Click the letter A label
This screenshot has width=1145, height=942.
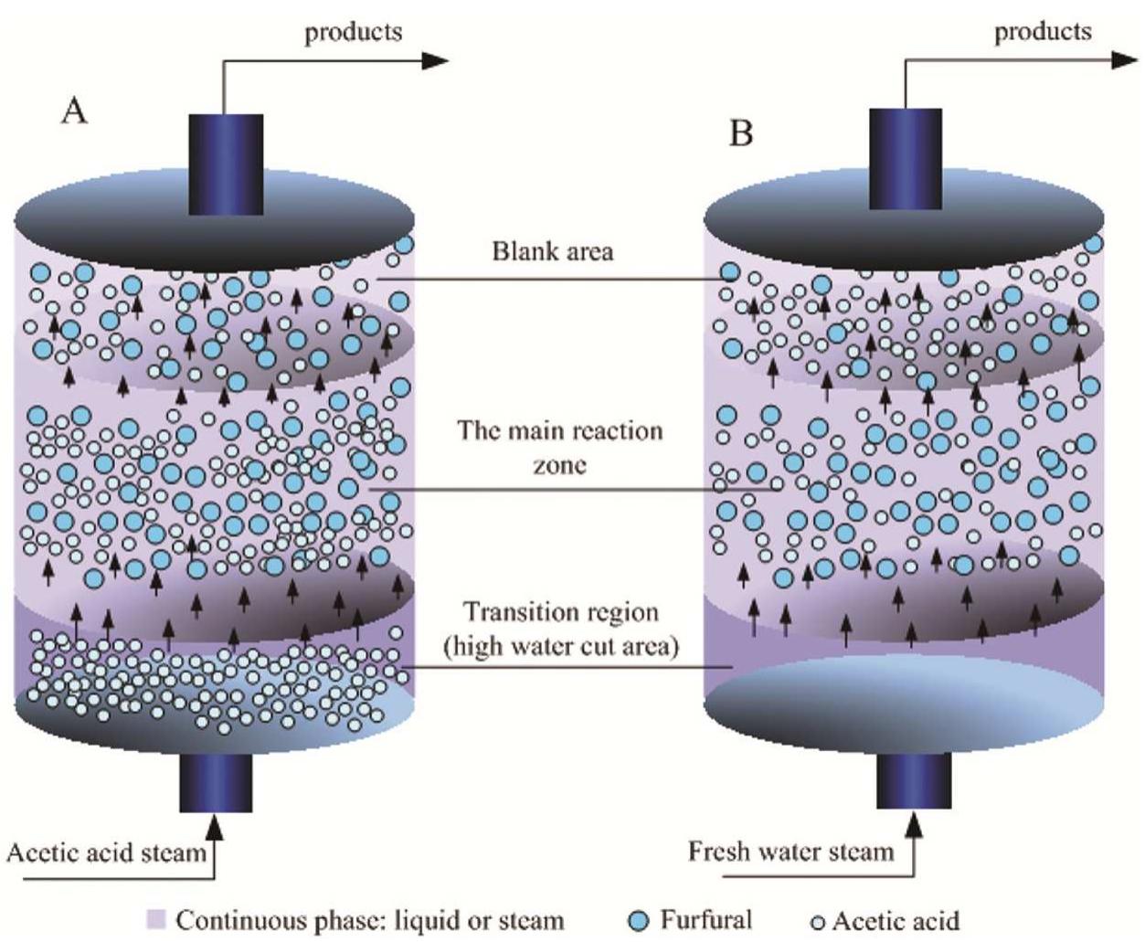pos(75,111)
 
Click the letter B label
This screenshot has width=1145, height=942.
pos(741,133)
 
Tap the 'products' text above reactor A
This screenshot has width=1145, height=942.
pos(353,32)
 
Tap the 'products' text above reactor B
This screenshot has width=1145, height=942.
pos(1043,31)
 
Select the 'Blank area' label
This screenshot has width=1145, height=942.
pos(553,250)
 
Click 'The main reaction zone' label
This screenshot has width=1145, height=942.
pos(560,447)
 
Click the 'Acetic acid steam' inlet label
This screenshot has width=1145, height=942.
pos(107,853)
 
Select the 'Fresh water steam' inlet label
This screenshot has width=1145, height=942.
pos(790,852)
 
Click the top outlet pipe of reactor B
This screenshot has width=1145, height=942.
pos(905,160)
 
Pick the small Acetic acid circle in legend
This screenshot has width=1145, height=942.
pos(818,921)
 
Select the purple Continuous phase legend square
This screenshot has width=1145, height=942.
pos(156,918)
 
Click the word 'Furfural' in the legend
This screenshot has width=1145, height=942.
pos(706,918)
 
